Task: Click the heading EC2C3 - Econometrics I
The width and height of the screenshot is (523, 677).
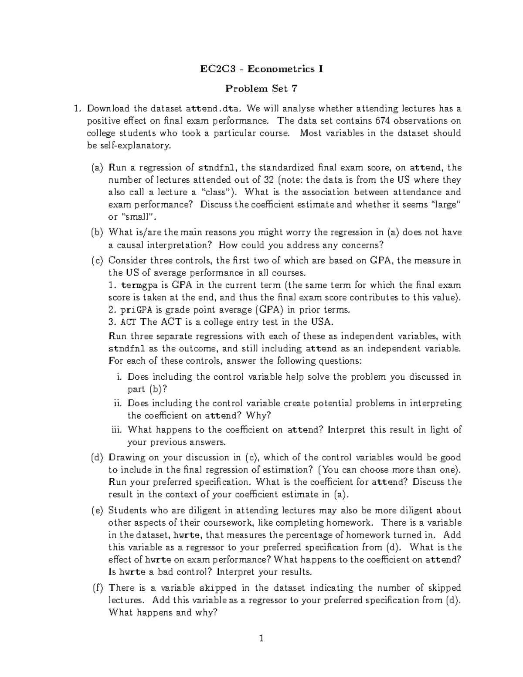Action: pos(261,69)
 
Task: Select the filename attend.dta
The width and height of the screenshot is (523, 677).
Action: pos(212,108)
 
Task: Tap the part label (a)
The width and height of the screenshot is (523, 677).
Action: pos(98,167)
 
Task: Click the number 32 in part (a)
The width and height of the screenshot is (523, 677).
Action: pos(268,180)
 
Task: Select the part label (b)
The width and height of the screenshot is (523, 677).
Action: pos(98,232)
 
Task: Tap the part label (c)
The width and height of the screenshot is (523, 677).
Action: pos(98,261)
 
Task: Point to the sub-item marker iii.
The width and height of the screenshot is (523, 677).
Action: pos(116,429)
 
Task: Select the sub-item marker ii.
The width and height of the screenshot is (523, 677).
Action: pos(118,403)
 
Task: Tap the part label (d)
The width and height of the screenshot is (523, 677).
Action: pos(98,457)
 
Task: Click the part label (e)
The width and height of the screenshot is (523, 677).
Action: pos(98,510)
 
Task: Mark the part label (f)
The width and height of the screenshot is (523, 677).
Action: pos(98,588)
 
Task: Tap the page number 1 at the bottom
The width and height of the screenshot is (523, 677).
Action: pos(261,639)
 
